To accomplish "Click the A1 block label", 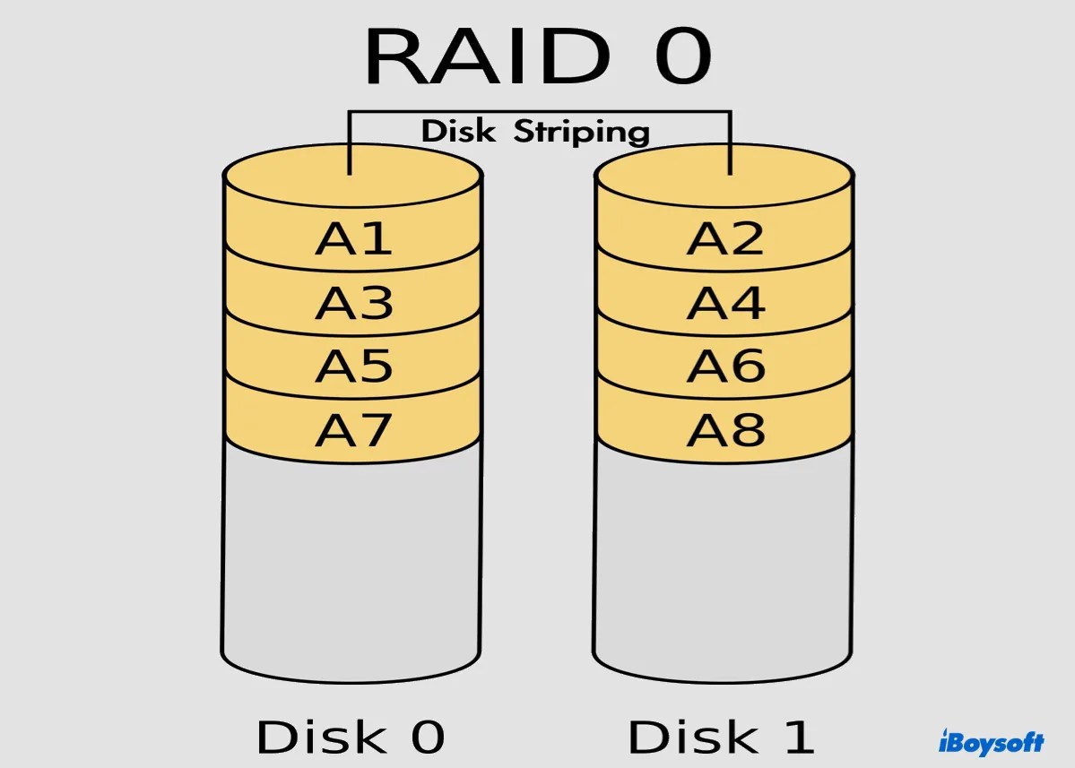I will click(x=353, y=238).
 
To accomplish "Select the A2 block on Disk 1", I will click(x=725, y=238).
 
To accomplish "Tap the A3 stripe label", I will click(x=353, y=303).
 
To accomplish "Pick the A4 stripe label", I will click(x=725, y=303).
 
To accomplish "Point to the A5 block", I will click(x=353, y=367).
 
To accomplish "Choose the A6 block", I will click(x=725, y=367).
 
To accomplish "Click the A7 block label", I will click(x=353, y=431).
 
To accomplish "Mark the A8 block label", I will click(x=725, y=431).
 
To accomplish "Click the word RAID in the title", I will click(x=485, y=58).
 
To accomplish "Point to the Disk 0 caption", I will click(x=351, y=737).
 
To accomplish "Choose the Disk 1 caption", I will click(x=722, y=737).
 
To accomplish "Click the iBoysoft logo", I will click(x=991, y=743).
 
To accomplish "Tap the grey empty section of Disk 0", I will click(x=352, y=556).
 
